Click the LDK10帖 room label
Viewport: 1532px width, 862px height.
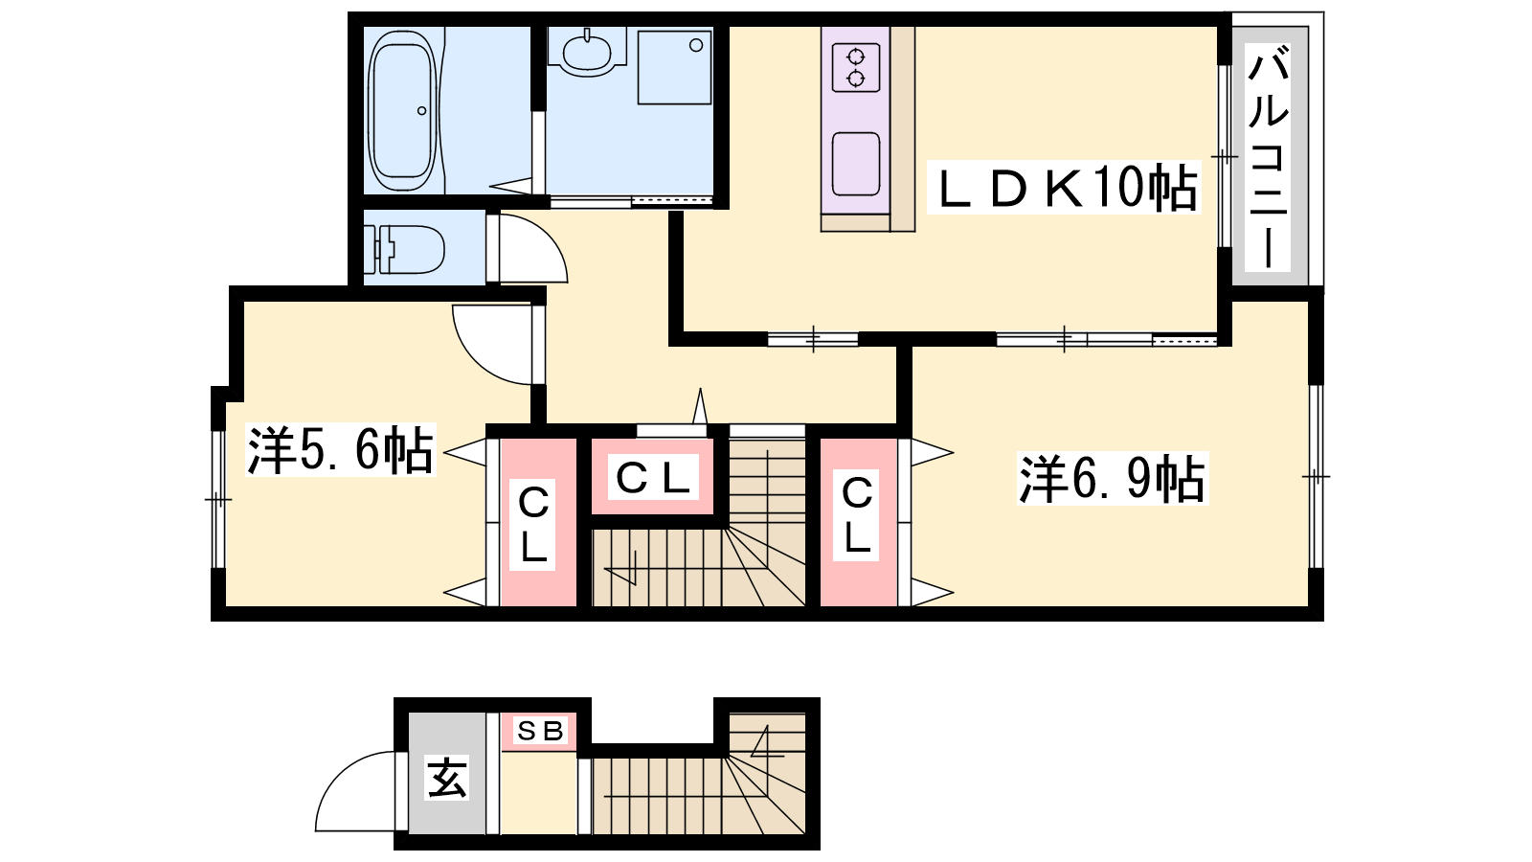1064,188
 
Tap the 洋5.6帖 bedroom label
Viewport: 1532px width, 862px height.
341,450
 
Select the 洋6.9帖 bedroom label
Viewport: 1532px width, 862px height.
1113,479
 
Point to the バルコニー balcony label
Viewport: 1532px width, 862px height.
1268,156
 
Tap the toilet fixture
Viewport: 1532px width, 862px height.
403,248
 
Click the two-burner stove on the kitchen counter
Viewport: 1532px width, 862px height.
856,68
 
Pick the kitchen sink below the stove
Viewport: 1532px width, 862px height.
856,164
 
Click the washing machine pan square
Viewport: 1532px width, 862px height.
674,68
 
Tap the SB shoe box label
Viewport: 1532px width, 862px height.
540,732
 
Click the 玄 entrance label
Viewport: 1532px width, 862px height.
446,778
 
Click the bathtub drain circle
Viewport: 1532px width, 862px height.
422,111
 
